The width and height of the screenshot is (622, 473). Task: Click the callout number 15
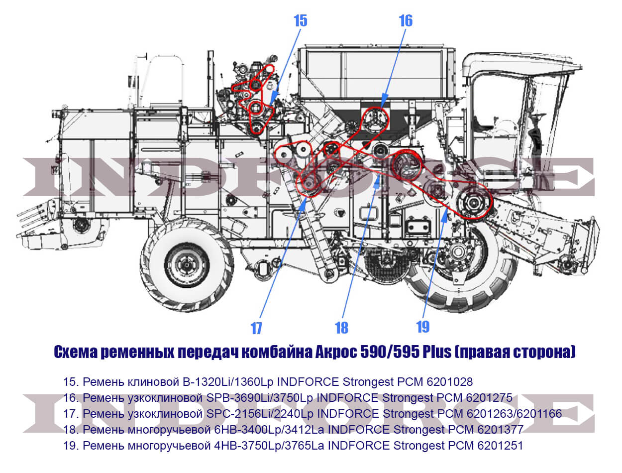pos(301,21)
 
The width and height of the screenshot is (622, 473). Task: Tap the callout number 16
pos(406,21)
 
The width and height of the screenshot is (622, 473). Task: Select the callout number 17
pos(256,328)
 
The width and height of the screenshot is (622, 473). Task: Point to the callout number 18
pos(341,328)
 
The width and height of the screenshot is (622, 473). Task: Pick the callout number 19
pos(422,327)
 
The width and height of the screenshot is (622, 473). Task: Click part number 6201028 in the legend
pos(450,382)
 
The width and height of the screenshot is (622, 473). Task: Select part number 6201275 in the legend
pos(489,398)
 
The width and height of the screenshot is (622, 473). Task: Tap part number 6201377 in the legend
pos(500,430)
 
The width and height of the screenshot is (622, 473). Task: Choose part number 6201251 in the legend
pos(500,446)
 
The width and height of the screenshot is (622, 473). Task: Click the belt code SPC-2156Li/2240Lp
pos(260,414)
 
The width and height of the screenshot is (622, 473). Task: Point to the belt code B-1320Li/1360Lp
pos(228,382)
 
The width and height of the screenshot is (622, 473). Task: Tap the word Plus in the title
pos(437,352)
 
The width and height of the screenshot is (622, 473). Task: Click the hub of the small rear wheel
pos(186,265)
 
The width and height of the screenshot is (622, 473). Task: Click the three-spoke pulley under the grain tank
pos(376,120)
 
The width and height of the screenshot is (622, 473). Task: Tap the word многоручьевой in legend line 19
pos(169,446)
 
